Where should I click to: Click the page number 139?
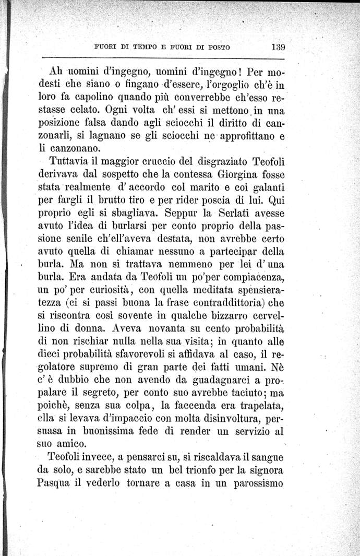tap(278, 46)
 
